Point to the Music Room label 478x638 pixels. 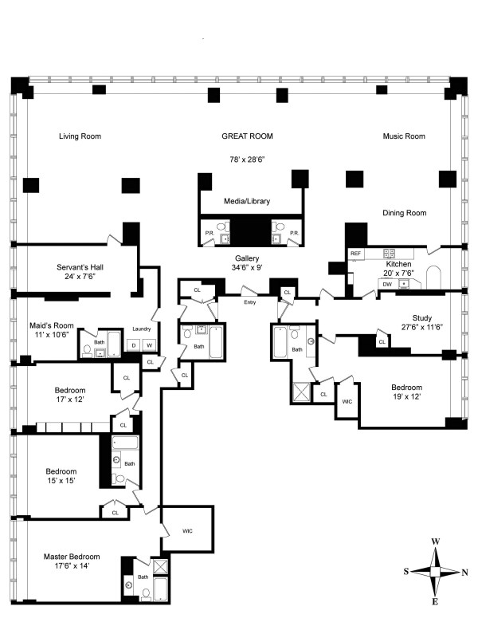[404, 136]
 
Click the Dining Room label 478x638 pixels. [404, 213]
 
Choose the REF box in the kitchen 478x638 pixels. [356, 254]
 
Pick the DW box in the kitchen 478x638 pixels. [387, 283]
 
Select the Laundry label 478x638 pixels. [142, 329]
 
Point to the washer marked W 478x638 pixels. [149, 345]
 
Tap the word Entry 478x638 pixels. [250, 302]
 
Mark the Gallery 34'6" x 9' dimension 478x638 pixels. [248, 269]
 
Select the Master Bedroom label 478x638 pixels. [72, 556]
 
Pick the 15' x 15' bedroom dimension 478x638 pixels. [61, 482]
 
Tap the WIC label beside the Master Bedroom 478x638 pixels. [187, 530]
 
